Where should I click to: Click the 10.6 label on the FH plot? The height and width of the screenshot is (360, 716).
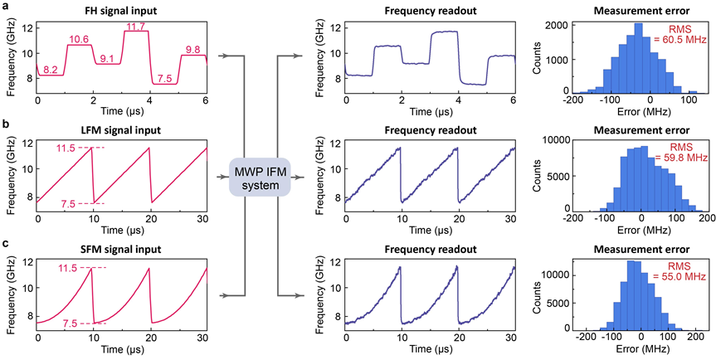coord(80,39)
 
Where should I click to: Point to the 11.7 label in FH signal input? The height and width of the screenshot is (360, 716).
coord(135,27)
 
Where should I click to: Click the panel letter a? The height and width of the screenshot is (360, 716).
coord(7,7)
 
